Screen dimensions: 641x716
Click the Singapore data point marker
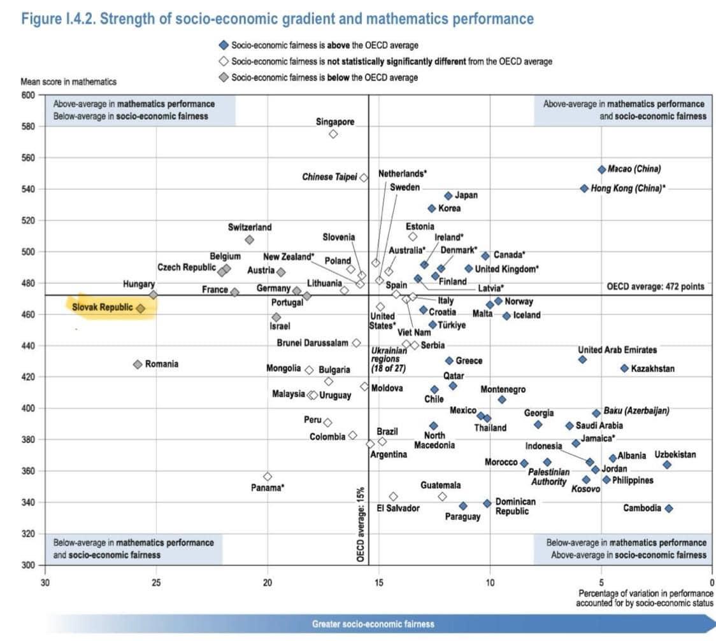point(333,134)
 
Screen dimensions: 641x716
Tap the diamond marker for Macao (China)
point(601,169)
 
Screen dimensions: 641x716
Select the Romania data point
point(138,364)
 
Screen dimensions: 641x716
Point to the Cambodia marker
point(669,508)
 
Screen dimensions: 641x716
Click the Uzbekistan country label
point(675,454)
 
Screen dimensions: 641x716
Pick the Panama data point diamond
point(268,476)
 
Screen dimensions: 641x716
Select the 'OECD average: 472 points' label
point(655,287)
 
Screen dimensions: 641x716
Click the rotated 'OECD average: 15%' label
point(361,525)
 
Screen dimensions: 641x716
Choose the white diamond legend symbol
point(224,62)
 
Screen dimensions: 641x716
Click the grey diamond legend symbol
point(224,78)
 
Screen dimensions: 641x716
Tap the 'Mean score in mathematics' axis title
point(69,81)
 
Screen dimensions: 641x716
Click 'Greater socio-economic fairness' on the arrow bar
point(373,624)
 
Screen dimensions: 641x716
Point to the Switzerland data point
point(249,240)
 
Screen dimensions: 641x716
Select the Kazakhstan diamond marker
point(624,368)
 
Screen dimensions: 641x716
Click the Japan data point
point(448,196)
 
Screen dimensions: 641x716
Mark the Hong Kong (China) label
point(627,188)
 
